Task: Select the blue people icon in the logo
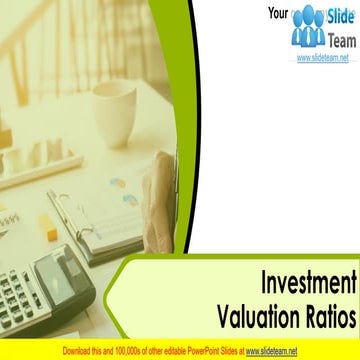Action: point(309,27)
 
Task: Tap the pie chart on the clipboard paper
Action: point(118,185)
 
